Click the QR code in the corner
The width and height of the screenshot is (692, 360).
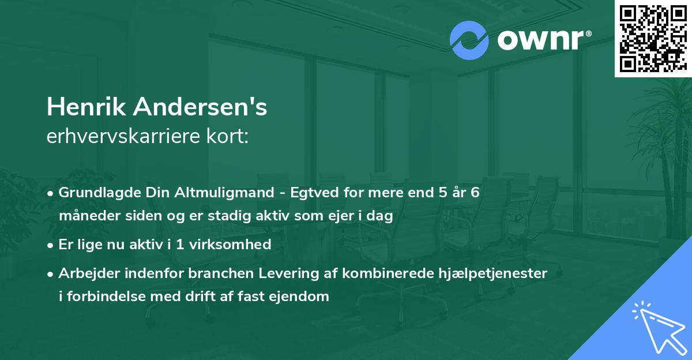[x=653, y=38]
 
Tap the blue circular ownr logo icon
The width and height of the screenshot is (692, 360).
[x=469, y=40]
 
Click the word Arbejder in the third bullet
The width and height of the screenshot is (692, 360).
[x=85, y=273]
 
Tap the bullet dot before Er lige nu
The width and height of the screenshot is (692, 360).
[x=51, y=245]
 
